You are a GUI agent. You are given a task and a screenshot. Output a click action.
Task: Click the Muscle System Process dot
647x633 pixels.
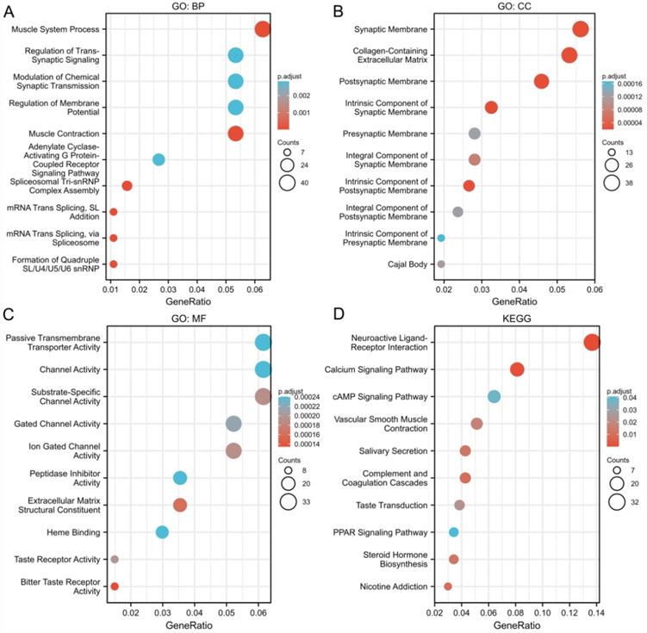coord(263,29)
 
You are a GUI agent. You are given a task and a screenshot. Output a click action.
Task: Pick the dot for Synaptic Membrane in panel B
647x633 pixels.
coord(580,29)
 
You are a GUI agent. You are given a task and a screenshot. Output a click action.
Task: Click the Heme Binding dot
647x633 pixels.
coord(162,532)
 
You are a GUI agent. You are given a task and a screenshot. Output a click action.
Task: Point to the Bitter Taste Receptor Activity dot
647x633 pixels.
coord(115,586)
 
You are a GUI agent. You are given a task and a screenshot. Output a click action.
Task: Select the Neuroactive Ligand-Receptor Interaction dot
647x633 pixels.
coord(592,343)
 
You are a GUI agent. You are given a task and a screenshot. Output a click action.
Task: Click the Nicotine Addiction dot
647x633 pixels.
coord(448,586)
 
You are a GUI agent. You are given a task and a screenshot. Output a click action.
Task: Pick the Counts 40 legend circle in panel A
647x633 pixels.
coord(287,182)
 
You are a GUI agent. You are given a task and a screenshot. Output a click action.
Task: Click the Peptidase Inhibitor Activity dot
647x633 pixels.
coord(180,478)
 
